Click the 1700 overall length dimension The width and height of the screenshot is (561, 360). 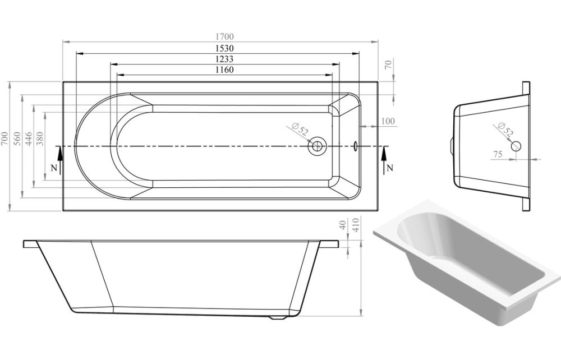click(x=220, y=36)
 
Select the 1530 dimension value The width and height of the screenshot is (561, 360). click(x=220, y=49)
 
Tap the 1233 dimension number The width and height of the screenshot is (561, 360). click(x=223, y=59)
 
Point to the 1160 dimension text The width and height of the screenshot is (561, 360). click(x=223, y=70)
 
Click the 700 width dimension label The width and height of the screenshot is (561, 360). click(x=4, y=139)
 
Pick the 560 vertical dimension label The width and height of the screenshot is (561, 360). click(x=17, y=139)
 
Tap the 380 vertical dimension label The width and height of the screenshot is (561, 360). click(x=39, y=139)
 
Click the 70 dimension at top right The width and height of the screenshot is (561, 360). click(x=388, y=64)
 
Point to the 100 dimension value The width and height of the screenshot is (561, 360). click(x=388, y=121)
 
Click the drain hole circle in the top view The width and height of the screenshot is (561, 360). click(x=317, y=146)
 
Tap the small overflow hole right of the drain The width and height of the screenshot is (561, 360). click(x=355, y=146)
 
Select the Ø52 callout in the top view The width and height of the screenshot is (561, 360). click(x=301, y=130)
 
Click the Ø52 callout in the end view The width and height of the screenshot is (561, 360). click(x=506, y=130)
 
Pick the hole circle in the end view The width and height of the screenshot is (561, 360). click(x=516, y=146)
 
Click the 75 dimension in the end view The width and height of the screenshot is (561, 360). click(x=497, y=154)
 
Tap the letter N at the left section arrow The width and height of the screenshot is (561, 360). click(x=53, y=168)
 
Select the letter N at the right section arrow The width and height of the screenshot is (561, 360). click(x=390, y=168)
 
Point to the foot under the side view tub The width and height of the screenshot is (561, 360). click(x=279, y=318)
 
